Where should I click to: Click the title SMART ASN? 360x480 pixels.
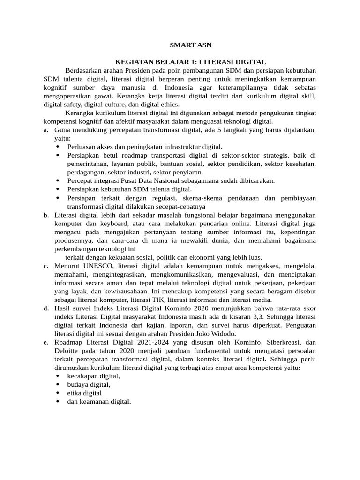pyautogui.click(x=191, y=45)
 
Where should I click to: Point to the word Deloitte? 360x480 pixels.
pyautogui.click(x=68, y=351)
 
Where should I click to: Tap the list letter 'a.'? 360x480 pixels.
pyautogui.click(x=46, y=130)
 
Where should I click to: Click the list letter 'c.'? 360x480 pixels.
pyautogui.click(x=46, y=266)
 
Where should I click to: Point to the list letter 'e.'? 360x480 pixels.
pyautogui.click(x=46, y=342)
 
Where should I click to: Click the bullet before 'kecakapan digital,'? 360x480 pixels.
pyautogui.click(x=58, y=376)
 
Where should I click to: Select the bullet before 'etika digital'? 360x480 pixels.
pyautogui.click(x=58, y=393)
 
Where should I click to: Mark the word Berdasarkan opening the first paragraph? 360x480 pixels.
pyautogui.click(x=84, y=70)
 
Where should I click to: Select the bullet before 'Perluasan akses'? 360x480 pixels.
pyautogui.click(x=58, y=147)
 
